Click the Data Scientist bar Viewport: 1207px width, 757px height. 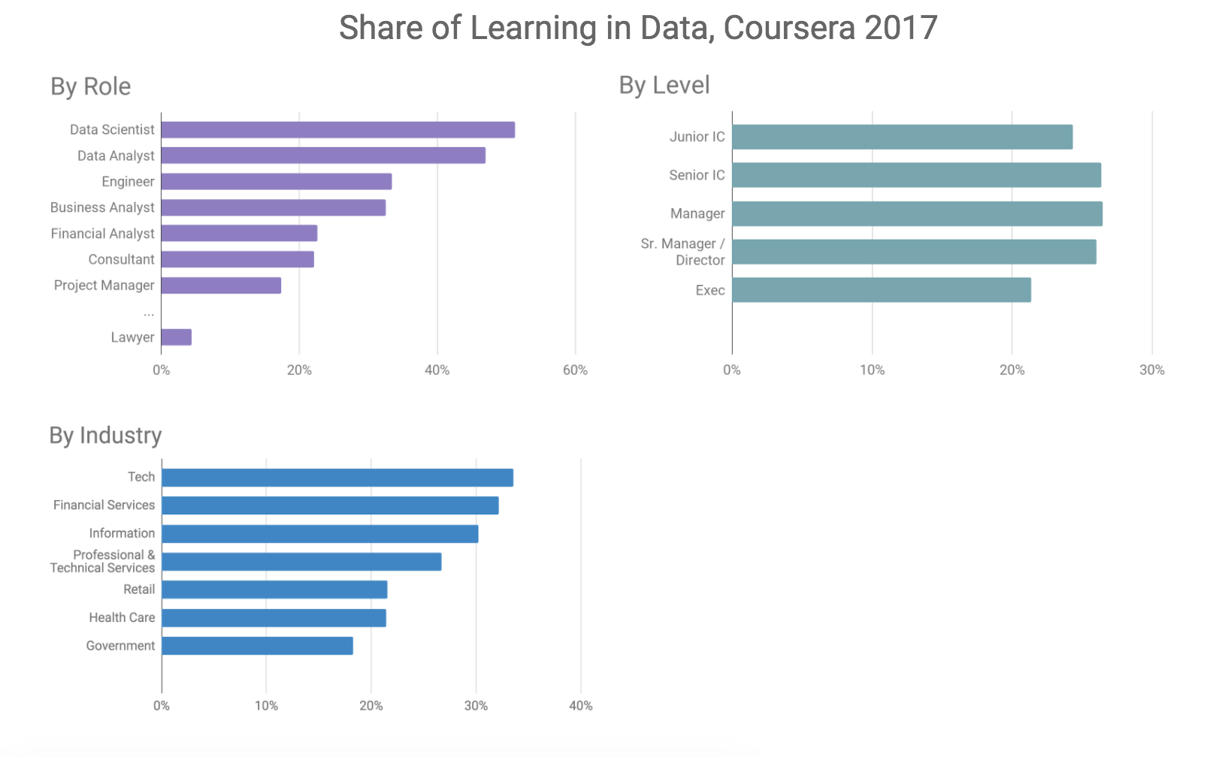pyautogui.click(x=337, y=130)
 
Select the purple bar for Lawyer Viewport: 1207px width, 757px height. pyautogui.click(x=177, y=337)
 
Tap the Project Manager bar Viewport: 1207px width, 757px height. pyautogui.click(x=221, y=285)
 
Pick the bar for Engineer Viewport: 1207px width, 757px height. pyautogui.click(x=277, y=182)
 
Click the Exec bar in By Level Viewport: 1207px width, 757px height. pyautogui.click(x=882, y=290)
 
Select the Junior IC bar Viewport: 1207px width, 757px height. pyautogui.click(x=902, y=137)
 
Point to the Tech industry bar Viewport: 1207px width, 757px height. pyautogui.click(x=337, y=478)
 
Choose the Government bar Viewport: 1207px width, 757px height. pyautogui.click(x=257, y=646)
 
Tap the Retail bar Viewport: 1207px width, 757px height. pyautogui.click(x=274, y=590)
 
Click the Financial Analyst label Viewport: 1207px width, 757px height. pyautogui.click(x=102, y=234)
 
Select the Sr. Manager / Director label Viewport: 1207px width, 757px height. pyautogui.click(x=683, y=252)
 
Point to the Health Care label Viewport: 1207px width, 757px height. pyautogui.click(x=122, y=617)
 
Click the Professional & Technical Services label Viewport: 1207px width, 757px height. pyautogui.click(x=103, y=561)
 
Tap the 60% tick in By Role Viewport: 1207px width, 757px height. pyautogui.click(x=575, y=370)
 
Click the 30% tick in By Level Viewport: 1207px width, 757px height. pyautogui.click(x=1151, y=370)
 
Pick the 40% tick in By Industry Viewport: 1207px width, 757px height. pyautogui.click(x=580, y=706)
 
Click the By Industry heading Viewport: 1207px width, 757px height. pyautogui.click(x=105, y=436)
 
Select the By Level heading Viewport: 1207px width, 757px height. pyautogui.click(x=664, y=86)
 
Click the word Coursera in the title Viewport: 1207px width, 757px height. pyautogui.click(x=790, y=29)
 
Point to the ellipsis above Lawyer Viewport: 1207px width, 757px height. pyautogui.click(x=149, y=312)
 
